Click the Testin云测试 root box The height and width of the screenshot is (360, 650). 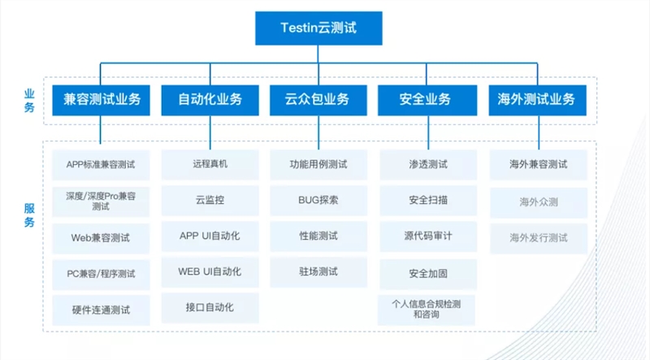tap(318, 28)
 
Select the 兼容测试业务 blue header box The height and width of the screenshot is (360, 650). tap(101, 100)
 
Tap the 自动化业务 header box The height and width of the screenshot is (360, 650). tap(210, 100)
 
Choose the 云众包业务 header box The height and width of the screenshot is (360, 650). tap(318, 100)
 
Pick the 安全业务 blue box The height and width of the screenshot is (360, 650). tap(427, 100)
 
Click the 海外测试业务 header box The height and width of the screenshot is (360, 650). tap(538, 100)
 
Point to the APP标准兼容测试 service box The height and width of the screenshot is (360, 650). tap(101, 165)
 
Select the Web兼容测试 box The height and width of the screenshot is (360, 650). tap(101, 238)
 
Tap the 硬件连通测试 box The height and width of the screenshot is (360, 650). tap(101, 310)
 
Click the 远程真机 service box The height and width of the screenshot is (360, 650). tap(210, 164)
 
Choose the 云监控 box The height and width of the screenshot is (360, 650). tap(210, 201)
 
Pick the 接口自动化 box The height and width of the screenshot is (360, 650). tap(210, 308)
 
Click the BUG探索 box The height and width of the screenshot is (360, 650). tap(318, 201)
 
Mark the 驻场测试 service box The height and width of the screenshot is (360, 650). tap(318, 272)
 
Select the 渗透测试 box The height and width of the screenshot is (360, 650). tap(428, 165)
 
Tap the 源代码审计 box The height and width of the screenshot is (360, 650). tap(428, 236)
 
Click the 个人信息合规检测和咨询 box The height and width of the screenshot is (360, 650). tap(426, 310)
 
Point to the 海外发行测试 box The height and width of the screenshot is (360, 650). tap(539, 238)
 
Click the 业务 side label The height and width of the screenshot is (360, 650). tap(29, 101)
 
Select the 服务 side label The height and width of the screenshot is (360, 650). tap(29, 215)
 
